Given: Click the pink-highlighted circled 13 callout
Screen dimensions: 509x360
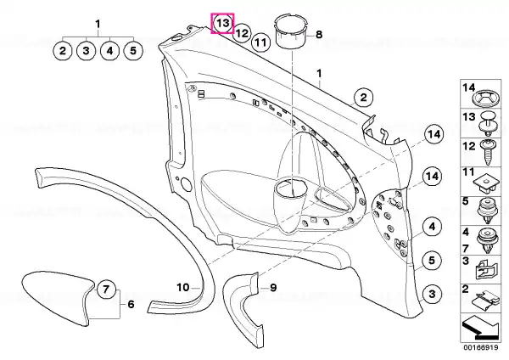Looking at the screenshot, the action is tap(222, 24).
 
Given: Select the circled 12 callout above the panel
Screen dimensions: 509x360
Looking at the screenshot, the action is tap(242, 33).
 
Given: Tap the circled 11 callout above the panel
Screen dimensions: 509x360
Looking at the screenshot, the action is tap(260, 42).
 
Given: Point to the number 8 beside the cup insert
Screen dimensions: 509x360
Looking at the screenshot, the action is tap(319, 34).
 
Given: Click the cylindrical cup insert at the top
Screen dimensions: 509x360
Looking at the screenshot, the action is tap(290, 31).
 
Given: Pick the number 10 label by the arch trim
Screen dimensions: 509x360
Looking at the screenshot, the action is tap(182, 287).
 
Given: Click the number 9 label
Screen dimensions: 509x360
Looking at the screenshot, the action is tap(273, 287).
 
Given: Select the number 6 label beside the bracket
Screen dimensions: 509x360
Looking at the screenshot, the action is tap(131, 304).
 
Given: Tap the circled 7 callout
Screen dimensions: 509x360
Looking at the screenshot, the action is tap(107, 289).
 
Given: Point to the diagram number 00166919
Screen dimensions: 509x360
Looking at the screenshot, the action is tap(481, 347).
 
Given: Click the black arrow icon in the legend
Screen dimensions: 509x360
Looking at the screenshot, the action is tap(480, 329).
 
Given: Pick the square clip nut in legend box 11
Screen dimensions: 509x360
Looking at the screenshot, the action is tap(485, 184).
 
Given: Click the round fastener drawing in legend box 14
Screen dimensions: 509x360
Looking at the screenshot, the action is tap(487, 98).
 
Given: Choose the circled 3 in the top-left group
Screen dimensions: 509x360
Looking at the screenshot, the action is tap(86, 51).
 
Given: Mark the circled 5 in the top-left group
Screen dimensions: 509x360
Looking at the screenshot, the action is tap(133, 51).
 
